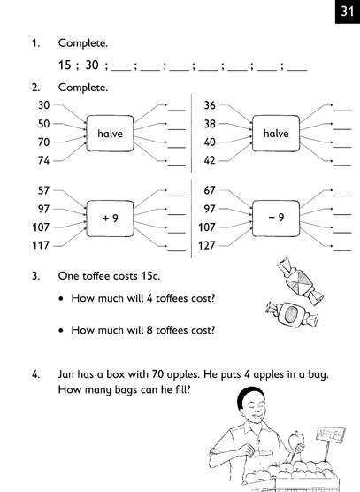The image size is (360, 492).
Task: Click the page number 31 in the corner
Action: [348, 12]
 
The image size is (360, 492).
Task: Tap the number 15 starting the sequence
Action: [65, 65]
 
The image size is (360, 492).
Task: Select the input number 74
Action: [44, 160]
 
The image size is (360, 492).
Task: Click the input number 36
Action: [210, 105]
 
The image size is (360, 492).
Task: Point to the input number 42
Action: [210, 160]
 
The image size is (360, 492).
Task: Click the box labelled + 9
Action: [110, 218]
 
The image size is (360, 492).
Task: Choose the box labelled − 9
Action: [276, 218]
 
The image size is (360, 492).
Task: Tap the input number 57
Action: [44, 190]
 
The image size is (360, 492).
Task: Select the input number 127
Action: [207, 245]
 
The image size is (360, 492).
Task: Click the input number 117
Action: [41, 245]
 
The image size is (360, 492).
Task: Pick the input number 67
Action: [210, 190]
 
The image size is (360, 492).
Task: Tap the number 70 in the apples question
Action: [157, 374]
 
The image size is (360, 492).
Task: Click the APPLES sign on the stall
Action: [329, 435]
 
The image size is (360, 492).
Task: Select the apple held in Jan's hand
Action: [295, 440]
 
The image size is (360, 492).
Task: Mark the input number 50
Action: [44, 124]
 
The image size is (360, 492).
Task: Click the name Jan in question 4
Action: [65, 374]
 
